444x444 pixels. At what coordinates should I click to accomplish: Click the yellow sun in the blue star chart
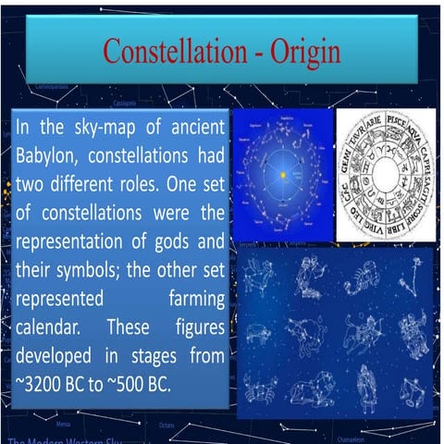click(282, 174)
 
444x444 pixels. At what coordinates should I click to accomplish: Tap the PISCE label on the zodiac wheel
click(397, 121)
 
